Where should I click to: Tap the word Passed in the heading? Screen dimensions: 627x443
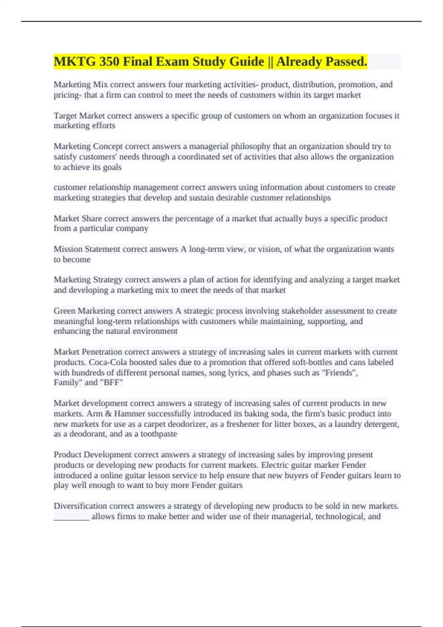(345, 62)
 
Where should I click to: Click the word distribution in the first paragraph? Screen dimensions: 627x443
(313, 84)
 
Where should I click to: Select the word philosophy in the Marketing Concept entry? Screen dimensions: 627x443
(251, 146)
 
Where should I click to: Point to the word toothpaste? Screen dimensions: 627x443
(159, 434)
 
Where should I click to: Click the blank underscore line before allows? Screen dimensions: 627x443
(71, 517)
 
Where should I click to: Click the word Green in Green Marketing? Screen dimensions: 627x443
(65, 311)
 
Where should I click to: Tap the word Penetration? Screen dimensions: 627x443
(102, 352)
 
